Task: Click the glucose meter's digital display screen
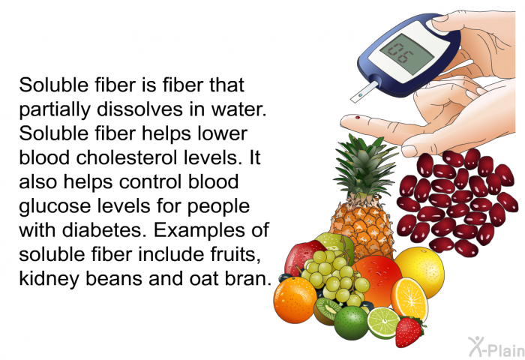406,54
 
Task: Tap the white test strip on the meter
364,91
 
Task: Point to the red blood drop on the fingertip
358,118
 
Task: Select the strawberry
409,331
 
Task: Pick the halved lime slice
383,322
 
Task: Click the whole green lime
351,322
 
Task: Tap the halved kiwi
325,310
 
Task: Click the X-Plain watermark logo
496,346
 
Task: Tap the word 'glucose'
55,206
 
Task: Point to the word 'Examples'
196,231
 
